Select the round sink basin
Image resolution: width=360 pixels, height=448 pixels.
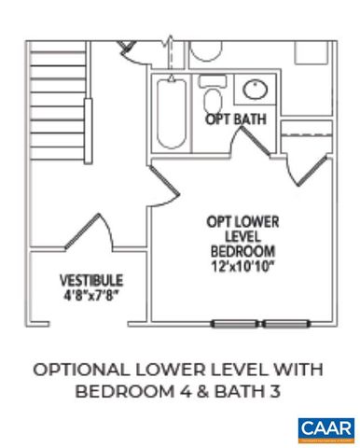coord(253,91)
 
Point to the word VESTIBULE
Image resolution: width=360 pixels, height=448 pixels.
coord(90,279)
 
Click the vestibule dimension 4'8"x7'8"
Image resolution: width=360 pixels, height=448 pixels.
coord(90,293)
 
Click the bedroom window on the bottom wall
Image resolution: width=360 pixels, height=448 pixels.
coord(260,324)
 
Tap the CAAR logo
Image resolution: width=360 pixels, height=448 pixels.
coord(325,429)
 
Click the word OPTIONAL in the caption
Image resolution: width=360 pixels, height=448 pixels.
coord(81,370)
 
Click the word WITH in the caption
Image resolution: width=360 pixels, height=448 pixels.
coord(303,370)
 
